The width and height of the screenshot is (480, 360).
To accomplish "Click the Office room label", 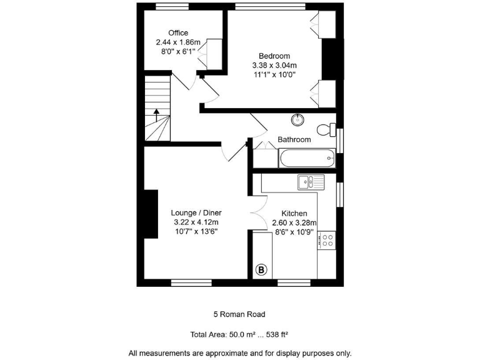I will pos(178,33).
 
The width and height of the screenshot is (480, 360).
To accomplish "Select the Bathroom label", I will pos(294,139).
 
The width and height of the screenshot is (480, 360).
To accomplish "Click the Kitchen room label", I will pos(294,213).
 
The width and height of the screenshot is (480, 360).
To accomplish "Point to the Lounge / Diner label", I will pos(197,212).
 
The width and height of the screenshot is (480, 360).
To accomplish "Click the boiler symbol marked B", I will pos(261,270).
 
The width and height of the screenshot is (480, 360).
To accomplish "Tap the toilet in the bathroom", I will pos(326,130).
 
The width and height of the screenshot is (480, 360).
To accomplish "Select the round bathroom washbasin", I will pos(297,119).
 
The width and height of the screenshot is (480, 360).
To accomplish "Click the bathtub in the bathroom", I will pos(305,158).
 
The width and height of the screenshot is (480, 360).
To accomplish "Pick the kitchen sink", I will pos(311,182).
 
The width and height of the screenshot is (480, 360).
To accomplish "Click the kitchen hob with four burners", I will pos(326,239).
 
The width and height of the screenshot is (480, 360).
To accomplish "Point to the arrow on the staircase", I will pos(156,114).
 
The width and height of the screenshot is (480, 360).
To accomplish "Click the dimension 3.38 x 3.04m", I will pos(274,64).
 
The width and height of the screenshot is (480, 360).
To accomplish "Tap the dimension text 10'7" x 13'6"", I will pos(196,231).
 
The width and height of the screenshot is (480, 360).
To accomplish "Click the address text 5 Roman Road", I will pos(239,314).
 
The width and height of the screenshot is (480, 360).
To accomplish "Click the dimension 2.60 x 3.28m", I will pos(294,222).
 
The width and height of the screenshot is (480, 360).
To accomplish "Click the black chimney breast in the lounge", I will pos(149,214).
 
